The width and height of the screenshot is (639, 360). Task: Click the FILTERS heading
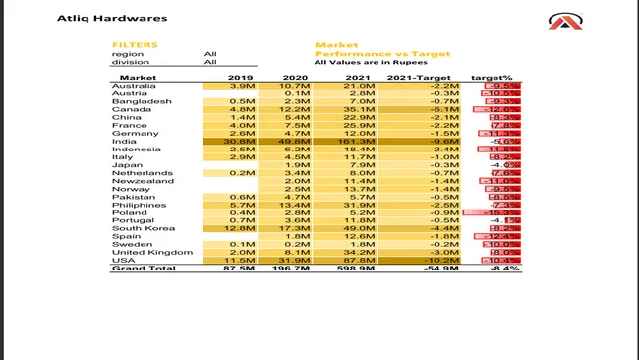135,45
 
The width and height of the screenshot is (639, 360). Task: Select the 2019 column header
241,77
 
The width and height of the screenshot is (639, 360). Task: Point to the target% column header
491,77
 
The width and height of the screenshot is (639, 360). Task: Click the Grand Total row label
143,269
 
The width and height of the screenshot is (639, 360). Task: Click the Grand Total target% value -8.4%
503,269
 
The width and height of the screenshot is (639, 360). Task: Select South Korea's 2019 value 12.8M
241,228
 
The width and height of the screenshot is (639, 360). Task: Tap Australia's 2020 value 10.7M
296,86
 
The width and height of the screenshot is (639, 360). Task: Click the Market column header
138,77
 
